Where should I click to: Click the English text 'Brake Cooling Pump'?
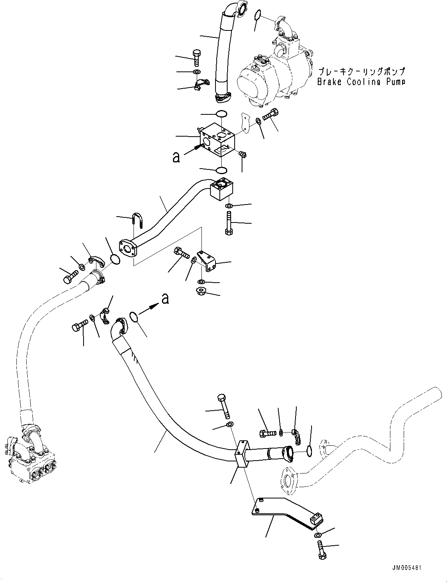pos(361,82)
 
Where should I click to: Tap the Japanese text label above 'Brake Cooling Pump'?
pos(361,72)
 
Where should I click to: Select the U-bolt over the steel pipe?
pos(138,221)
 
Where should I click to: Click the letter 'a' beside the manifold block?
pos(176,157)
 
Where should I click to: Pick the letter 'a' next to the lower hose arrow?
pos(165,299)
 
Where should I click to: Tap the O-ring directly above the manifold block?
pos(221,114)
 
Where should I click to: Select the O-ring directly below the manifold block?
pos(221,170)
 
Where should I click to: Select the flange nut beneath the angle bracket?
pos(202,291)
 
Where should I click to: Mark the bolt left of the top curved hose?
pos(197,59)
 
